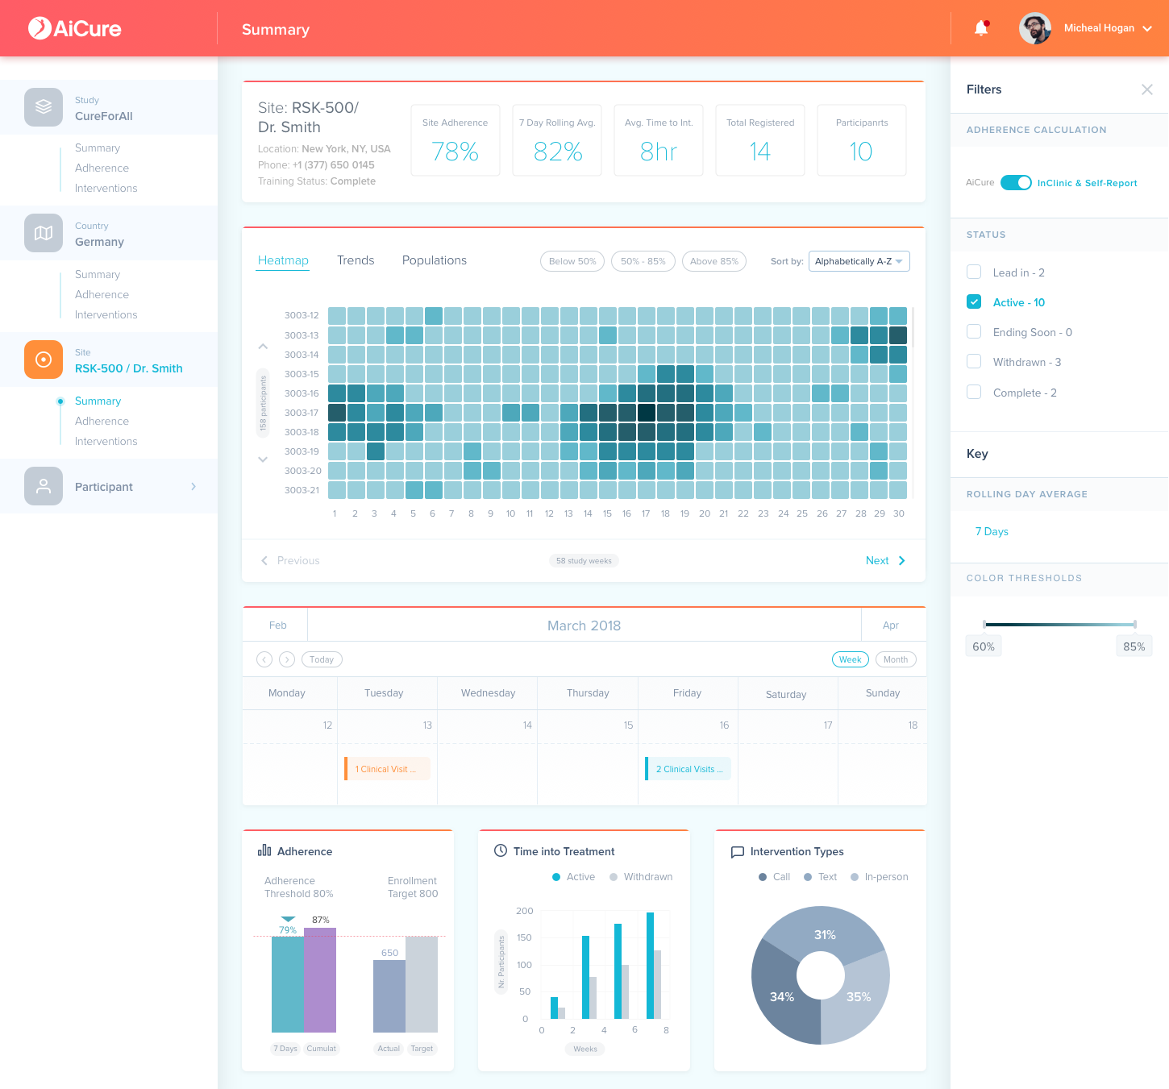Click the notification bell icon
click(981, 28)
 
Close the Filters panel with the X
click(1146, 89)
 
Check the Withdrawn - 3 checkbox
click(974, 361)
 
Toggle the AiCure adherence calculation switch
click(1015, 182)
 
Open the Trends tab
click(356, 260)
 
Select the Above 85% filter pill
click(713, 261)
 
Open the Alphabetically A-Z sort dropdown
click(859, 261)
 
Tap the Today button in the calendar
click(322, 659)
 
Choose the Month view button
click(895, 659)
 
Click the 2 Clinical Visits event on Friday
click(688, 769)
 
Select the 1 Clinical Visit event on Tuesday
click(387, 769)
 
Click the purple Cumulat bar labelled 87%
click(319, 980)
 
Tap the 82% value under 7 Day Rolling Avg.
click(557, 152)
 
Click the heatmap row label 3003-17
click(302, 413)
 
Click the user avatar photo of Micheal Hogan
click(1035, 28)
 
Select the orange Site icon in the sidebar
click(44, 359)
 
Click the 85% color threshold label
click(1134, 646)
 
